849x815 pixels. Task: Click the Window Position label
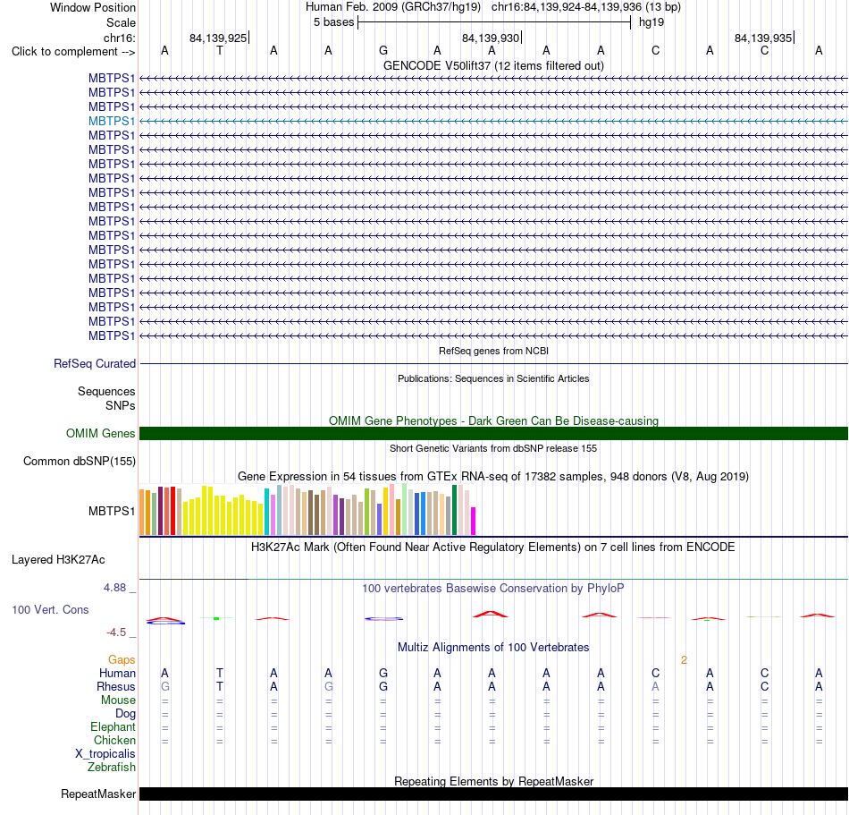(93, 7)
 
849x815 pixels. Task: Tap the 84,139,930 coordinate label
(491, 38)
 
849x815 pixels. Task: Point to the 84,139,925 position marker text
(218, 38)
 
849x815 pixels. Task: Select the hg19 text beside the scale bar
(651, 22)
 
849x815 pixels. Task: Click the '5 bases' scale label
(333, 22)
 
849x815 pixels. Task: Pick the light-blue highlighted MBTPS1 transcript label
(112, 121)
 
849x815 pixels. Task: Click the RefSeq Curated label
(95, 363)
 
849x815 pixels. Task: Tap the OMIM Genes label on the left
(101, 434)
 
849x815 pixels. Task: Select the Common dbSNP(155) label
(80, 461)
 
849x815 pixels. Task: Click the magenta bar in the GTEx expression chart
(474, 522)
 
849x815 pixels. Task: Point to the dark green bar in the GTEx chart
(454, 510)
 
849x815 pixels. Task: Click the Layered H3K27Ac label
(58, 560)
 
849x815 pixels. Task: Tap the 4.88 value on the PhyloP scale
(114, 588)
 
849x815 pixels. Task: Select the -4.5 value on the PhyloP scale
(116, 632)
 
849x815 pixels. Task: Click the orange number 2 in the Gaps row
(684, 660)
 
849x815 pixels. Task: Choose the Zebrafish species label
(112, 768)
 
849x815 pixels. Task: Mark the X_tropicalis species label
(105, 754)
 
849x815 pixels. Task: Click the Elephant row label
(113, 727)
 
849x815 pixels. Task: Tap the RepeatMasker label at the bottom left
(98, 794)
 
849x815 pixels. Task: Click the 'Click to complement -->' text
(73, 52)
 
